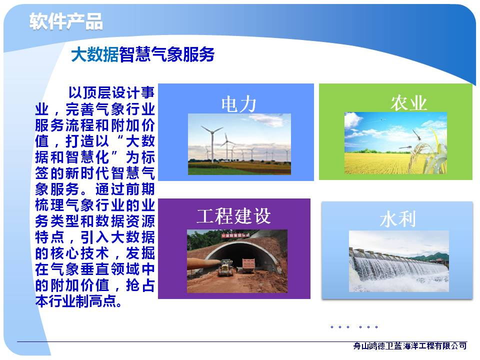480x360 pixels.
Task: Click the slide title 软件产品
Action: (x=66, y=21)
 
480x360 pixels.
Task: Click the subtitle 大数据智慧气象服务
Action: (x=142, y=54)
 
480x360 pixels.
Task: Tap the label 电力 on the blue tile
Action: (x=239, y=104)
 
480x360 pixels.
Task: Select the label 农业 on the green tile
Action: (x=408, y=102)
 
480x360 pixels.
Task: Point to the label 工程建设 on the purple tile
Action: (x=233, y=216)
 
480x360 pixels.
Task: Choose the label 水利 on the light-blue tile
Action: (x=397, y=219)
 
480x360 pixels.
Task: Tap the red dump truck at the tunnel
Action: (x=248, y=265)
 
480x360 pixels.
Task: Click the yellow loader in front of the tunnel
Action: (x=226, y=267)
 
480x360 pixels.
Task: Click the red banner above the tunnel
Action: (x=235, y=235)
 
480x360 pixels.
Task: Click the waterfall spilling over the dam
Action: (x=398, y=269)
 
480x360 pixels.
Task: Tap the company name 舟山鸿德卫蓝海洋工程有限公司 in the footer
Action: (x=410, y=346)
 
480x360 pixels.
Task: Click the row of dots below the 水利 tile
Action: (x=354, y=327)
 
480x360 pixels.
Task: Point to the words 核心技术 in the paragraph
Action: (x=79, y=253)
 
